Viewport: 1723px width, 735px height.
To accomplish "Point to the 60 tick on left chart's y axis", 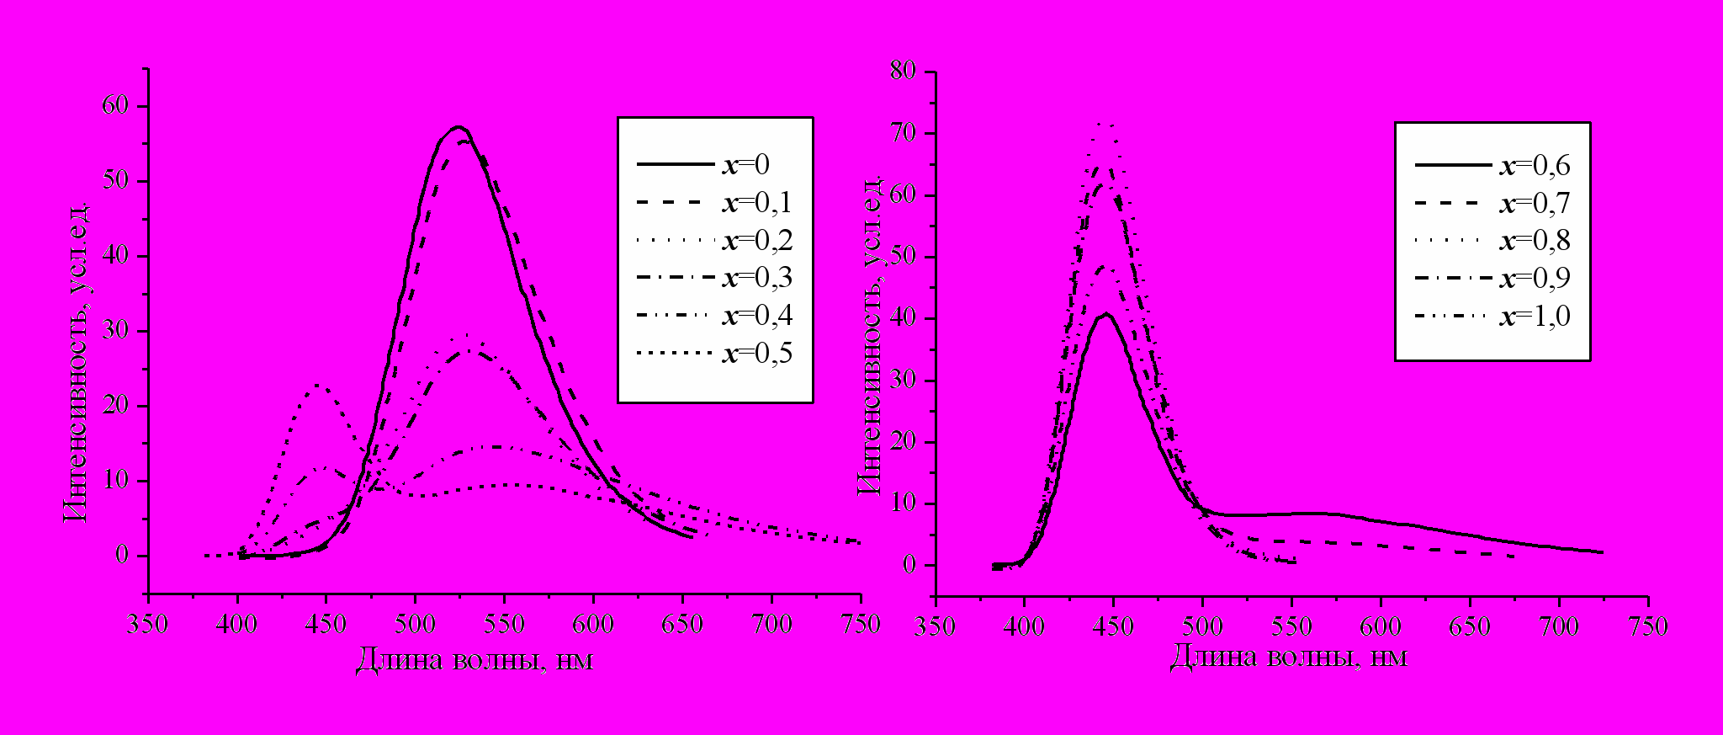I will tap(116, 106).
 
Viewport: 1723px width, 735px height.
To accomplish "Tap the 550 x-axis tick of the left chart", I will tap(504, 625).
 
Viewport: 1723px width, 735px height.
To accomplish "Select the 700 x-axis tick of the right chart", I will tap(1558, 627).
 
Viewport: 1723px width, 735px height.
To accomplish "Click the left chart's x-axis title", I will tap(474, 660).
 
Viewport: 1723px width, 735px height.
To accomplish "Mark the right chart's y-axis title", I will tap(870, 337).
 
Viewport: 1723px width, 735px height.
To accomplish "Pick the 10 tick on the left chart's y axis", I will tap(116, 481).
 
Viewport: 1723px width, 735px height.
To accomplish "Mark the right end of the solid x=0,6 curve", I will tap(1601, 552).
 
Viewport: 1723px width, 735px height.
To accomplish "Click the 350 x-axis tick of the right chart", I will tap(934, 627).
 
